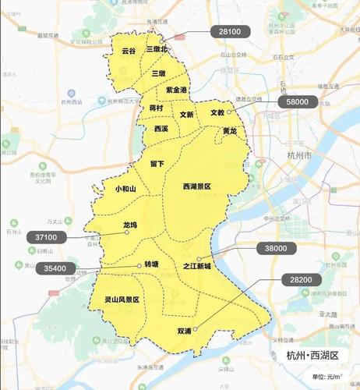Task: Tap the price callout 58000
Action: pyautogui.click(x=297, y=101)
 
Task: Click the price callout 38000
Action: pyautogui.click(x=277, y=248)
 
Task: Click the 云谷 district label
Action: pyautogui.click(x=129, y=51)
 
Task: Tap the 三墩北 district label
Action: pyautogui.click(x=157, y=48)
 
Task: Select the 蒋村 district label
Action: pyautogui.click(x=156, y=108)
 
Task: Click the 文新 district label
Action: pyautogui.click(x=187, y=114)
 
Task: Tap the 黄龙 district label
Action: pyautogui.click(x=229, y=130)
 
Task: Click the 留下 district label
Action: pyautogui.click(x=157, y=164)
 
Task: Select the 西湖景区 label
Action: pyautogui.click(x=196, y=187)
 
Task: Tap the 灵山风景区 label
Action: pyautogui.click(x=122, y=300)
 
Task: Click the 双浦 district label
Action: pyautogui.click(x=184, y=331)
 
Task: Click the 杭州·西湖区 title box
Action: pyautogui.click(x=312, y=356)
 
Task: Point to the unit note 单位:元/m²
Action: pyautogui.click(x=327, y=378)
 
